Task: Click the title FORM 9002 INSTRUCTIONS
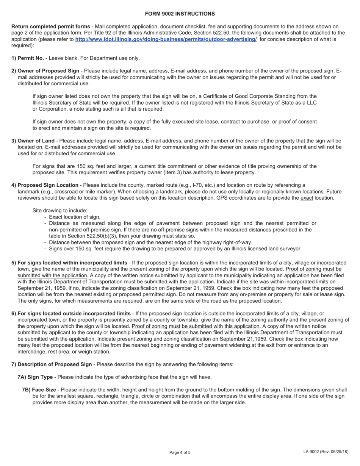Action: click(180, 14)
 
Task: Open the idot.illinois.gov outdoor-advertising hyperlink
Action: click(166, 39)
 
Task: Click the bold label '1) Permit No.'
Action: click(28, 58)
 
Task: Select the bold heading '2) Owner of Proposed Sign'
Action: click(45, 71)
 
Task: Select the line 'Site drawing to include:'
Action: click(60, 210)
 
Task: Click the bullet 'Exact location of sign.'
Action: click(75, 217)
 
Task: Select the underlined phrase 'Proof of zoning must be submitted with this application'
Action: click(196, 326)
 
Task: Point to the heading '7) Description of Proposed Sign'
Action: click(52, 364)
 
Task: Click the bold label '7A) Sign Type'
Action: click(35, 377)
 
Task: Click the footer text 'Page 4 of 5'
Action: click(180, 452)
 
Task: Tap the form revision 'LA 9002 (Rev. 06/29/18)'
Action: click(326, 452)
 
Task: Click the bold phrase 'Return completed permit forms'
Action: click(51, 26)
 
